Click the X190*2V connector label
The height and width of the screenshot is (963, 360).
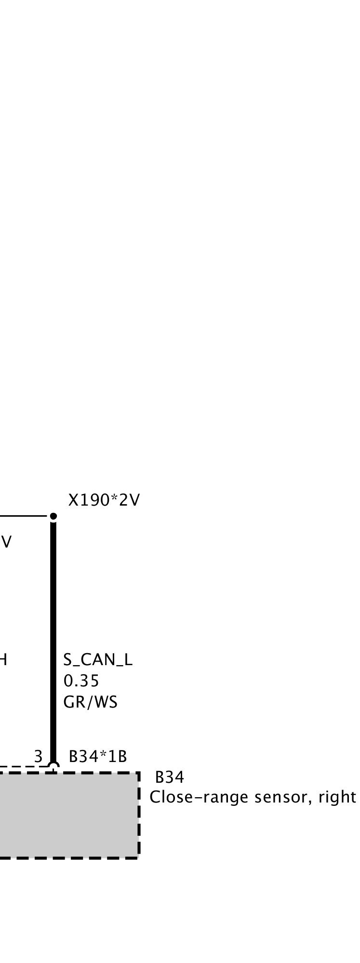(x=104, y=501)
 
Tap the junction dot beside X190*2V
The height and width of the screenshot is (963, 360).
(x=53, y=517)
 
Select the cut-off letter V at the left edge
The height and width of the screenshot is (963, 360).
(x=6, y=542)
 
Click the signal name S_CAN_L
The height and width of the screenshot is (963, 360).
(x=98, y=660)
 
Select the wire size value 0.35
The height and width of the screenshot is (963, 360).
(x=81, y=681)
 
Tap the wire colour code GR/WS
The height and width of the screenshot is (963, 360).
(x=90, y=702)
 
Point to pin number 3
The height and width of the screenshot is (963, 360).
(x=39, y=756)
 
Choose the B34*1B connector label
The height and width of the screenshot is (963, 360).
(x=98, y=757)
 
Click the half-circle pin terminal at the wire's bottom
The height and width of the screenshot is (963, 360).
(x=53, y=766)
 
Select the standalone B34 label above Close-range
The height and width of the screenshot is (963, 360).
(x=169, y=777)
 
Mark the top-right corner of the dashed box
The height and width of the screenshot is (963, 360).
(x=138, y=774)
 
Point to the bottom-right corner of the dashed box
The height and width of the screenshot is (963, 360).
(x=138, y=857)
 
